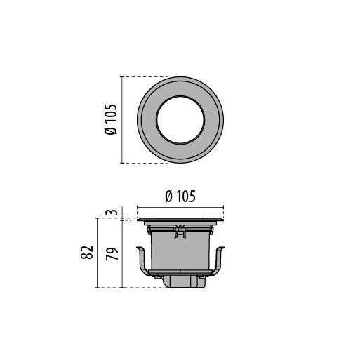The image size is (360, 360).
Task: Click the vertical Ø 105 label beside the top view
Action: pos(110,119)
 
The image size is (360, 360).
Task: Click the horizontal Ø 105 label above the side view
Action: pos(180,196)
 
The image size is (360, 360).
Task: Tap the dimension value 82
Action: pos(87,253)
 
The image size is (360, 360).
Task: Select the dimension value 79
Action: pos(112,253)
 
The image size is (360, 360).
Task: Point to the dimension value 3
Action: pos(112,212)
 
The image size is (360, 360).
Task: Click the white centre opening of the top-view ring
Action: pos(180,120)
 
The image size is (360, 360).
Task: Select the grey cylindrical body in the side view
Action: pos(180,251)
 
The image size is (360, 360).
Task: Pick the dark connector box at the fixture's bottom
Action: pos(185,281)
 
